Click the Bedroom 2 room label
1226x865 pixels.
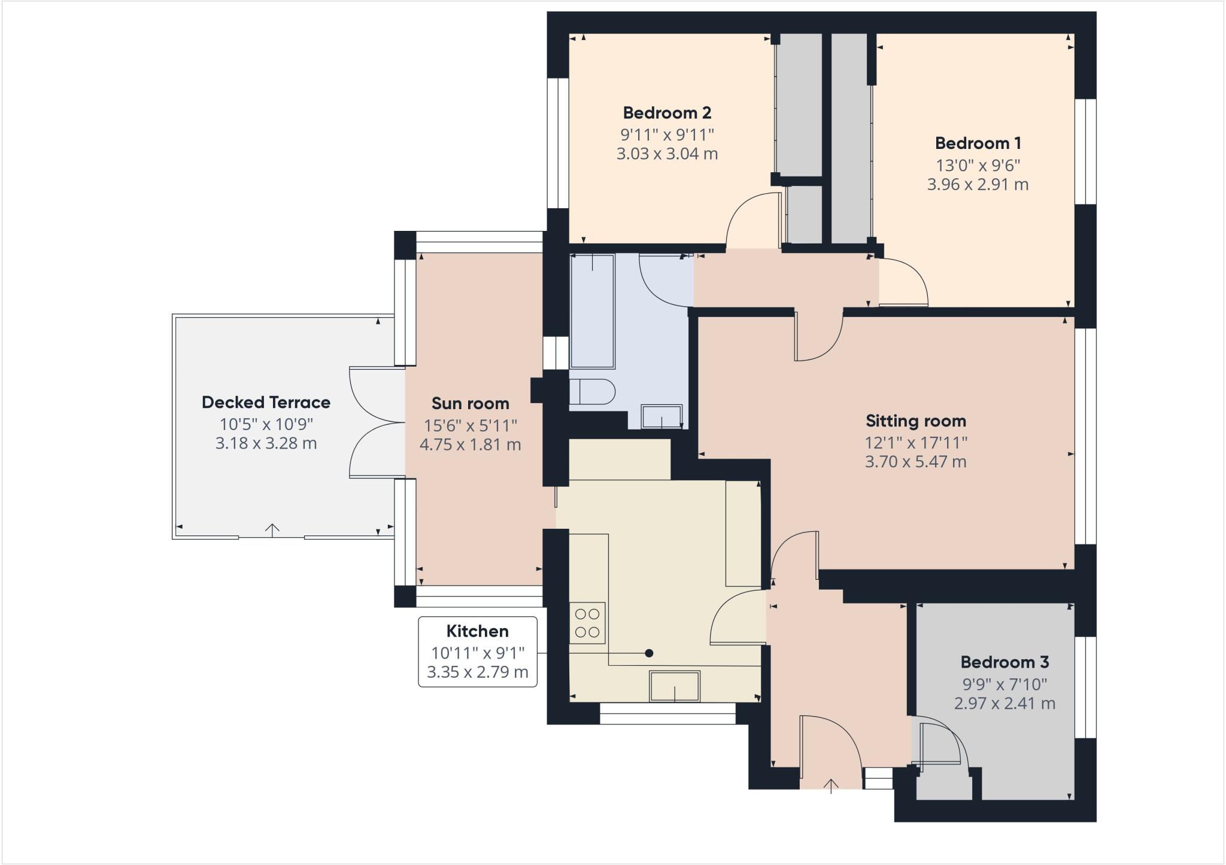tap(667, 112)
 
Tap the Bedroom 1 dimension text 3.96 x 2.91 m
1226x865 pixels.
tap(978, 184)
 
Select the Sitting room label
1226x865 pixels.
tap(916, 421)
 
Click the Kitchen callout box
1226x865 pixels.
tap(478, 651)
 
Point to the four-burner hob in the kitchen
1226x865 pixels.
tap(587, 623)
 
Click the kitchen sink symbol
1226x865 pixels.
tap(675, 686)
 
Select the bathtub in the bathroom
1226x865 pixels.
tap(592, 311)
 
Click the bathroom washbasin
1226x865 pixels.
tap(661, 416)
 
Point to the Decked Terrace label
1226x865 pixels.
tap(266, 402)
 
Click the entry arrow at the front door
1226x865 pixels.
tap(831, 785)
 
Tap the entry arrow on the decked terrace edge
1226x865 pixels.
tap(272, 530)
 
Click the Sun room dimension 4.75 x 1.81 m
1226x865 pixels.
tap(470, 444)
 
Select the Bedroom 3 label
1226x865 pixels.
tap(1005, 662)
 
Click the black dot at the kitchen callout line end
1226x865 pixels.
tap(649, 653)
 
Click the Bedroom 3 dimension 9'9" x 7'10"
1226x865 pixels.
tap(1005, 684)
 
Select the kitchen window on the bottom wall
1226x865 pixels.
tap(667, 713)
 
